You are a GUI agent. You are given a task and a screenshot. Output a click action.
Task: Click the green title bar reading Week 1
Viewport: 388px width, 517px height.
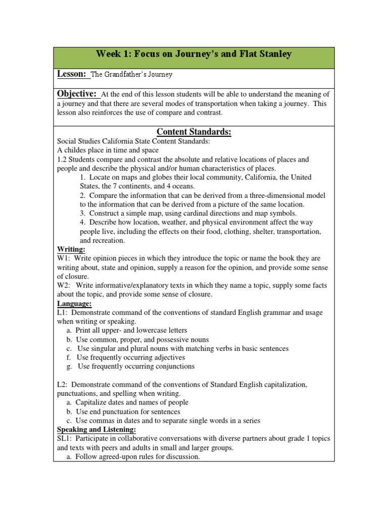click(194, 58)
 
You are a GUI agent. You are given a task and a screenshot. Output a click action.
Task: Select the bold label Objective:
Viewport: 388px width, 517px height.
click(77, 94)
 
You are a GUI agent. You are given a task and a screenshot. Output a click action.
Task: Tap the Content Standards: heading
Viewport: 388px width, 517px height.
click(194, 132)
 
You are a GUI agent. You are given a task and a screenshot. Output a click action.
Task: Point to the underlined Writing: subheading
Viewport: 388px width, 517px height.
click(71, 249)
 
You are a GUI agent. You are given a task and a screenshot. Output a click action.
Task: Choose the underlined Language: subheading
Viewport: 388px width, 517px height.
click(75, 303)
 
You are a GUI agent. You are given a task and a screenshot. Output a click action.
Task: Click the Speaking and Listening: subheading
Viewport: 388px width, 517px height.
click(96, 429)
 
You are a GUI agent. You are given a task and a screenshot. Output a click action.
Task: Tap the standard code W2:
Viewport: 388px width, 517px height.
click(64, 285)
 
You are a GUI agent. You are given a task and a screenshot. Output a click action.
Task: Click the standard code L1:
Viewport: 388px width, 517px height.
click(63, 313)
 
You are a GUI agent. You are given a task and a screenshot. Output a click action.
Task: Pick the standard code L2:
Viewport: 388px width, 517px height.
click(63, 384)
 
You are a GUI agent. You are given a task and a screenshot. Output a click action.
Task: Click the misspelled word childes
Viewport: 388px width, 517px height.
click(76, 150)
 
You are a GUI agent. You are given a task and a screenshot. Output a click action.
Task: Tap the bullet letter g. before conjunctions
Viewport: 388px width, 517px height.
click(69, 366)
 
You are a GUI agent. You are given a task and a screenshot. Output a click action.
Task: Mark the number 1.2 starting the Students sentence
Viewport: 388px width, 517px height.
click(62, 159)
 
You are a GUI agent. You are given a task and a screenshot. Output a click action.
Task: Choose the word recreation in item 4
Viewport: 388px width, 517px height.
click(102, 240)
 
